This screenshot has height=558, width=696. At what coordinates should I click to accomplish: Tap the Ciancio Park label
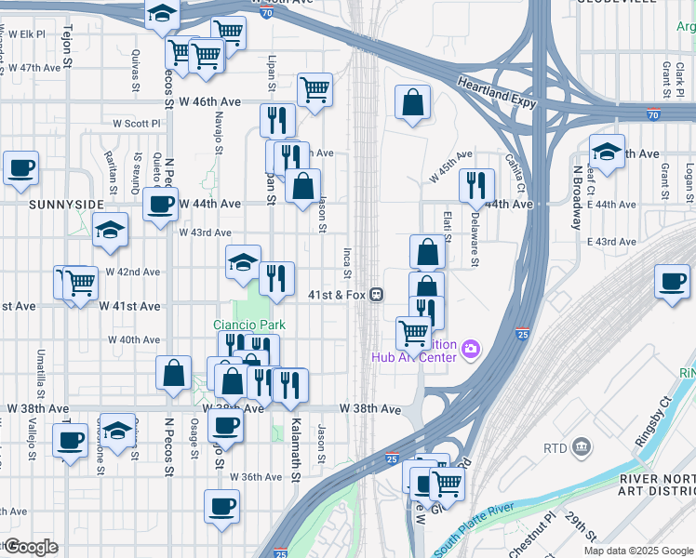pyautogui.click(x=248, y=325)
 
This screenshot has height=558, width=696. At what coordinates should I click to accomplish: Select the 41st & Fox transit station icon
pyautogui.click(x=377, y=294)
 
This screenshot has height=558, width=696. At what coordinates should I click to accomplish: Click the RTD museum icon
pyautogui.click(x=582, y=448)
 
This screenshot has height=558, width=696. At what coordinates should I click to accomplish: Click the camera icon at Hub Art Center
pyautogui.click(x=472, y=349)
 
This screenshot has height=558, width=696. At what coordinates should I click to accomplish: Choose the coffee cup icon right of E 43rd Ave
pyautogui.click(x=671, y=281)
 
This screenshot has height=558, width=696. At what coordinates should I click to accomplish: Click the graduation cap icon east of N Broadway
pyautogui.click(x=607, y=152)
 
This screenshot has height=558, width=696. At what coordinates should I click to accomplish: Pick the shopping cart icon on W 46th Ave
pyautogui.click(x=315, y=89)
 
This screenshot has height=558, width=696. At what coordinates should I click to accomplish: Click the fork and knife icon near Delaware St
pyautogui.click(x=475, y=185)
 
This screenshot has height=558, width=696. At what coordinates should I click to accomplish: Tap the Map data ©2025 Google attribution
pyautogui.click(x=637, y=551)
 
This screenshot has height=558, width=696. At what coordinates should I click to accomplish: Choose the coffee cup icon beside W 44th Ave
pyautogui.click(x=160, y=203)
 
